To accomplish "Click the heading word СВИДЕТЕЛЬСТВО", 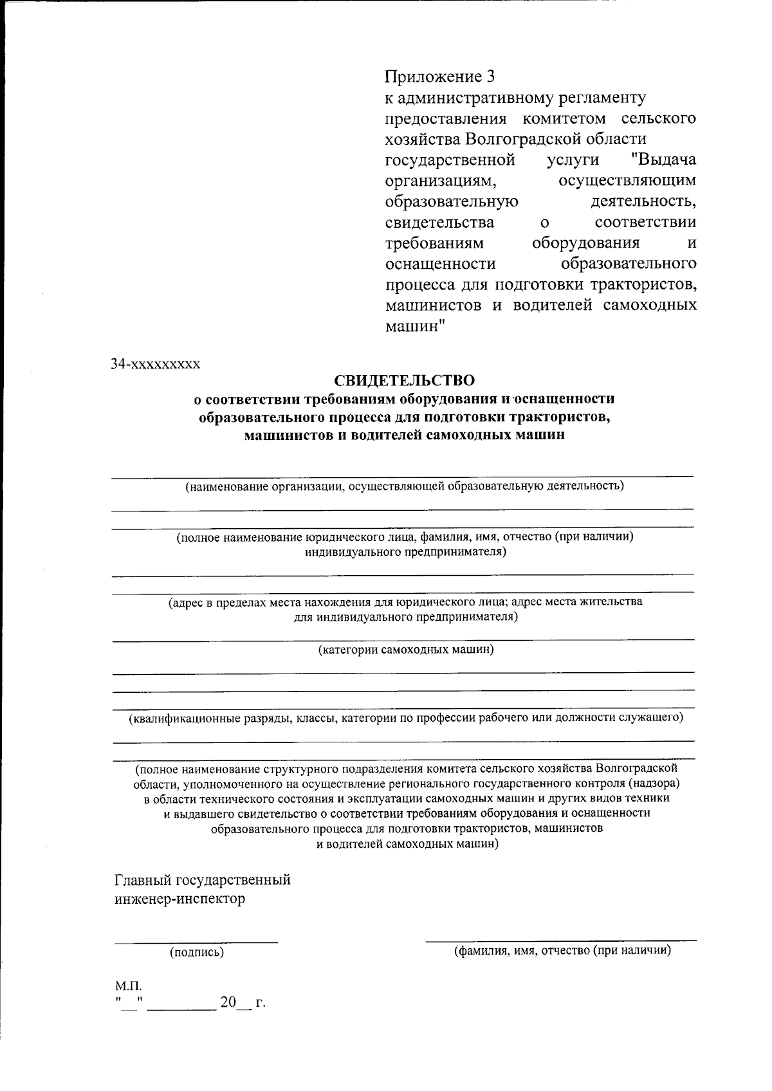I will (404, 381).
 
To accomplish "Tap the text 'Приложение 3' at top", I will (440, 77).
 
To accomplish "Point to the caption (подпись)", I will (196, 952).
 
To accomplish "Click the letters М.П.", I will (128, 986).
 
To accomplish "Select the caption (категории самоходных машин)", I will (406, 649).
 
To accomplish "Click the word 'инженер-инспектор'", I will (179, 899).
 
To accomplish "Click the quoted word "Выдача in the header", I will (663, 160).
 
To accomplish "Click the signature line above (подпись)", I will (196, 942).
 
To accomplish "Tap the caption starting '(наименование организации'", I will (404, 486).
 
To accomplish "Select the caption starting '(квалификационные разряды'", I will (405, 717).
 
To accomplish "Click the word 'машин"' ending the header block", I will (416, 325).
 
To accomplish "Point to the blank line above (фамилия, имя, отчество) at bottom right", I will (560, 940).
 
